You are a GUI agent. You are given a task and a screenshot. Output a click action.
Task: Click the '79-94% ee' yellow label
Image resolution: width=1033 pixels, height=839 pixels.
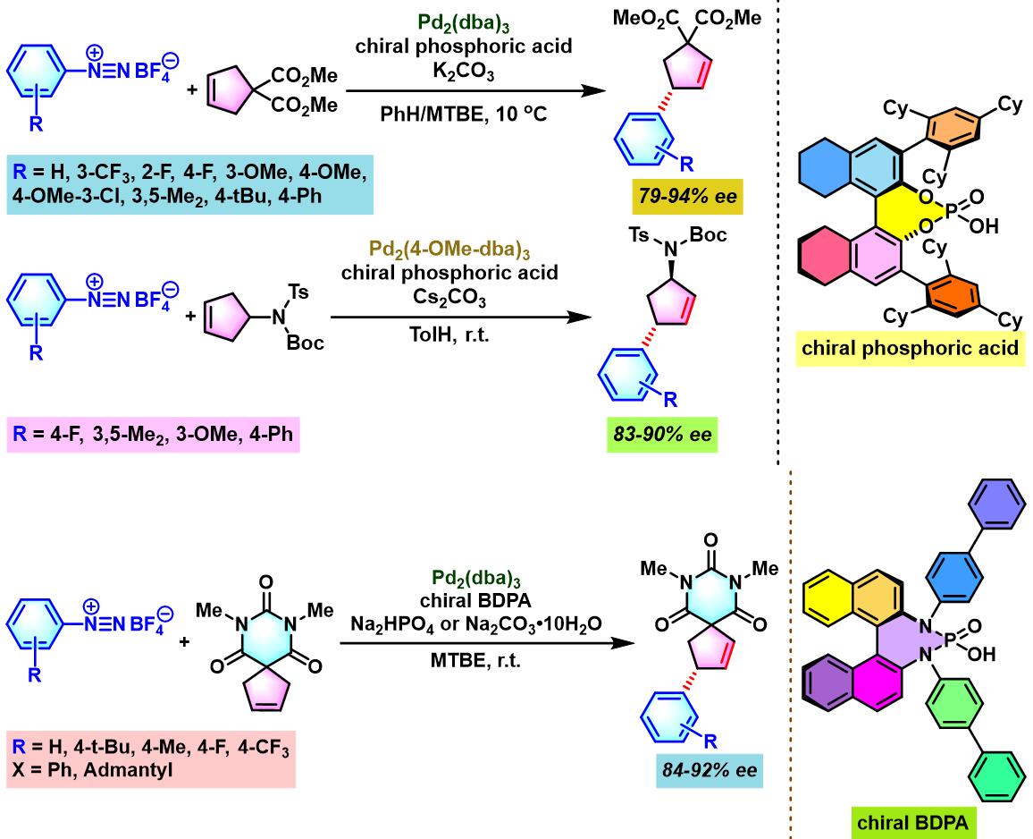tap(687, 195)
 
